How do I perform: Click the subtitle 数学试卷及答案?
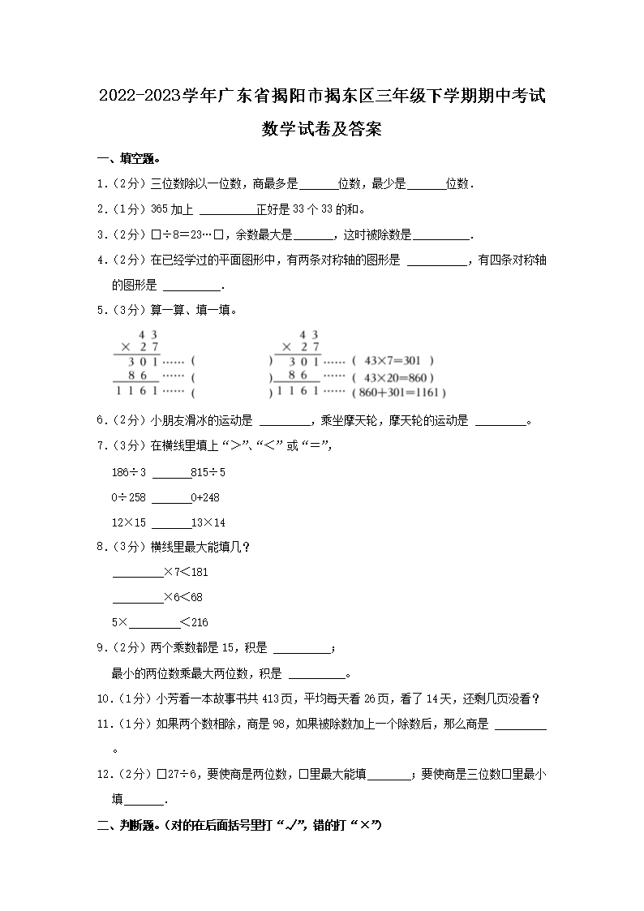click(322, 129)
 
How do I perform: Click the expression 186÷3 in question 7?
click(129, 472)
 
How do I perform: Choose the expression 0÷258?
click(129, 497)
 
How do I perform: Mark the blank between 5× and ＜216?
click(154, 623)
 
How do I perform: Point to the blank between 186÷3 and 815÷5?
click(170, 474)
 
